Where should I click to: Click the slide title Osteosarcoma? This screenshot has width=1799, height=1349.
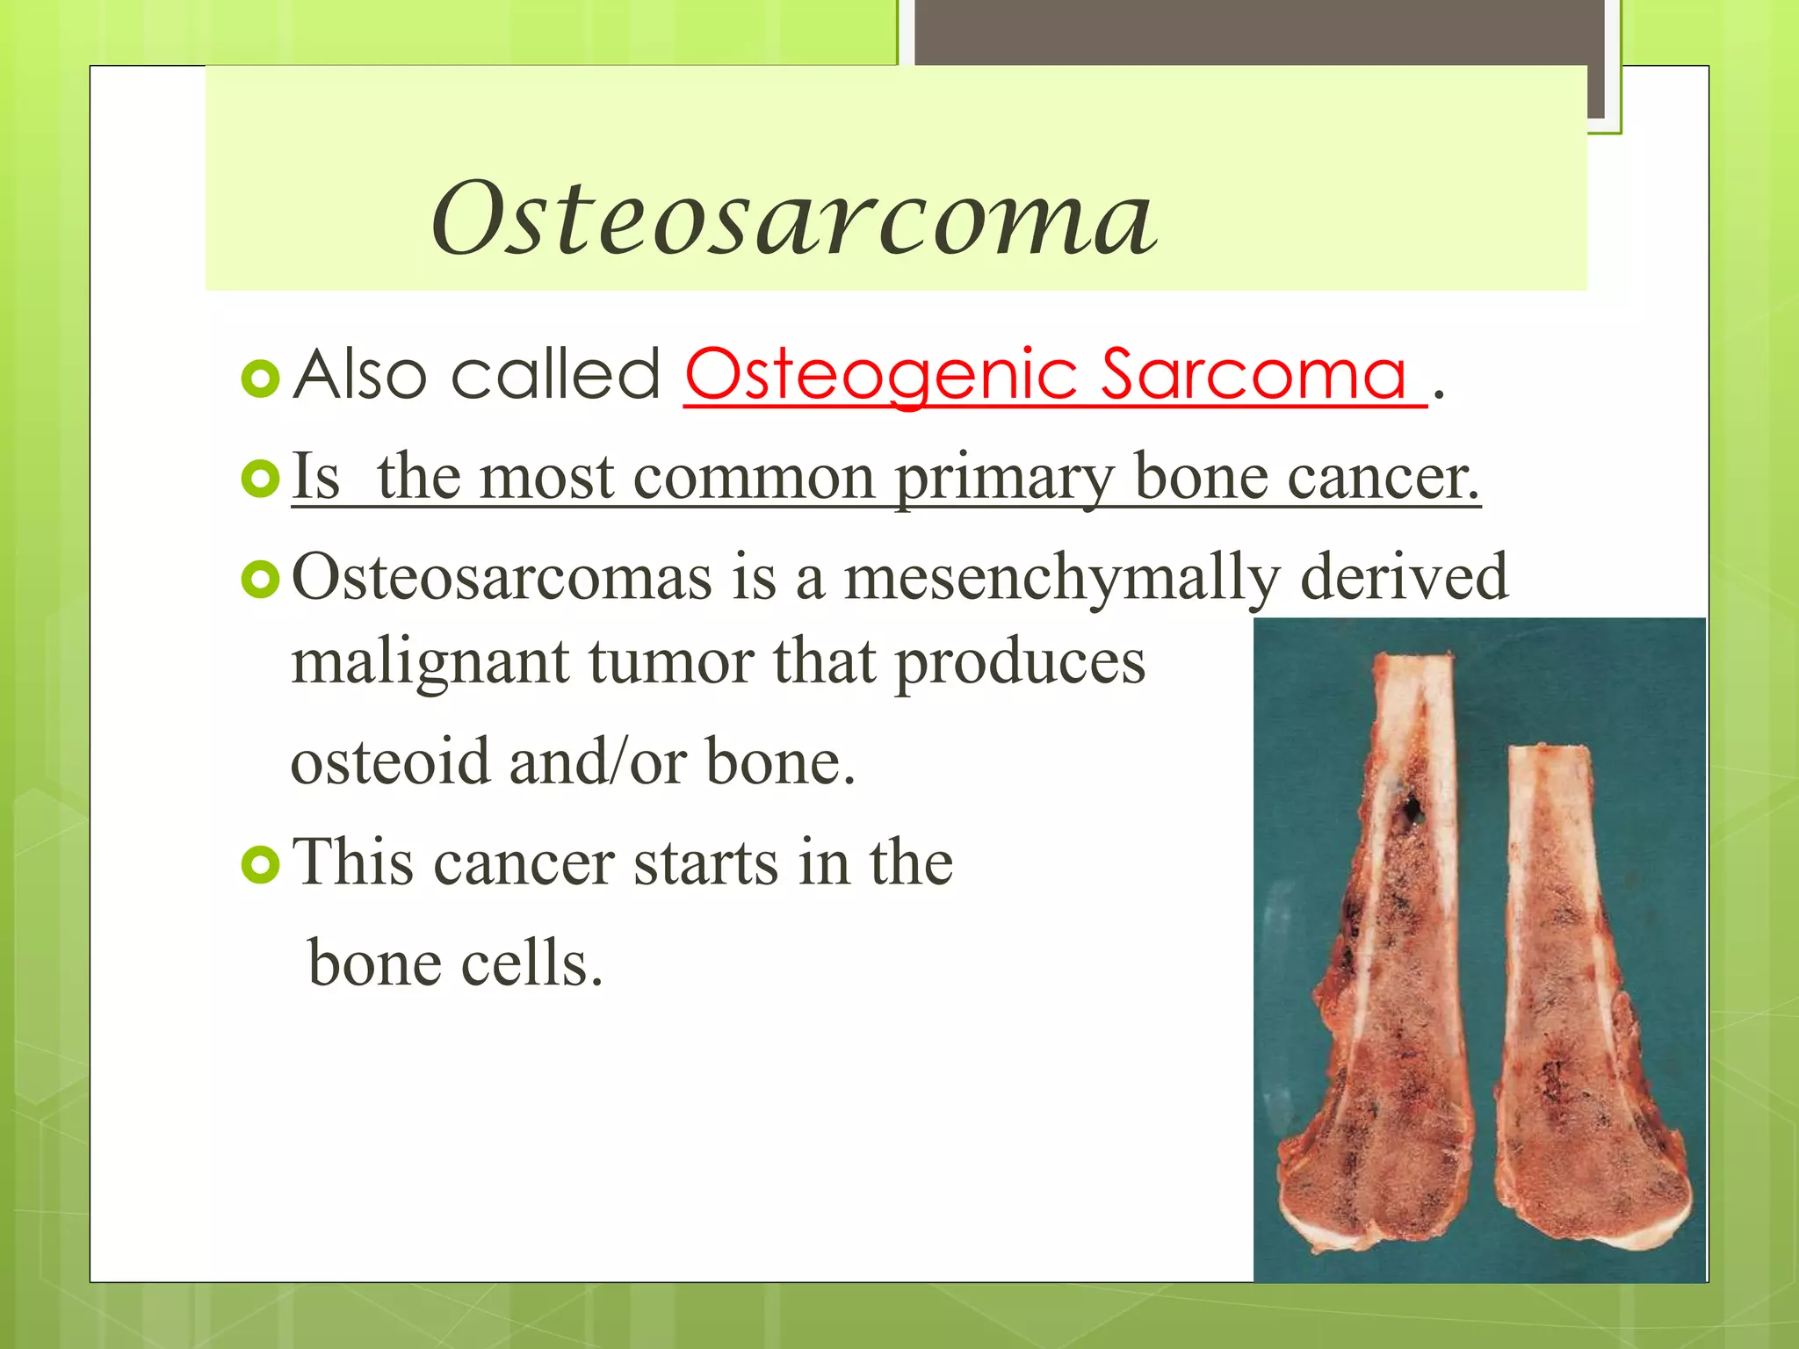point(794,218)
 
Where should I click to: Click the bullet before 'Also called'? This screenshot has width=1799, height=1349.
point(259,379)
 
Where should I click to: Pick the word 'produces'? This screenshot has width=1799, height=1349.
point(1020,662)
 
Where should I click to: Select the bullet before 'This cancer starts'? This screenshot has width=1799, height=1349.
point(259,865)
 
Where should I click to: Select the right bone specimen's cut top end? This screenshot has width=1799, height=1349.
point(1550,752)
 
